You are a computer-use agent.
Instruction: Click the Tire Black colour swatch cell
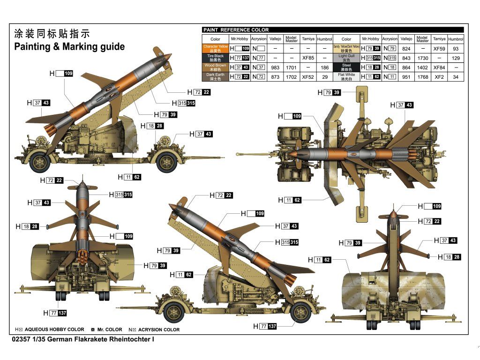tap(215, 58)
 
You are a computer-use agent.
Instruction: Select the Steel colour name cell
tap(346, 67)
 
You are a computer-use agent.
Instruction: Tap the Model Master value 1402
tap(422, 67)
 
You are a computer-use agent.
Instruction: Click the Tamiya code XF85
tap(308, 58)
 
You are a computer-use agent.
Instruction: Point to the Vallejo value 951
tap(406, 77)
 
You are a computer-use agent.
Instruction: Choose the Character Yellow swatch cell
tap(215, 48)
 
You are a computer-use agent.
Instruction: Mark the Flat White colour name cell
tap(346, 76)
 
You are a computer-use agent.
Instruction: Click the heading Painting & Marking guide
tap(69, 46)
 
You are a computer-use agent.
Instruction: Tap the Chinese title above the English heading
tap(52, 34)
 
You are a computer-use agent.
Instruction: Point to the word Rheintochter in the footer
tap(128, 338)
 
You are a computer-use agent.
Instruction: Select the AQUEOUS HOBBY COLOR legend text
tap(54, 330)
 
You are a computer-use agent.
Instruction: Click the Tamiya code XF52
tap(308, 77)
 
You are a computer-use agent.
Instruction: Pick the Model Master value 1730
tap(422, 58)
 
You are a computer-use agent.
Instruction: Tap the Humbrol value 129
tap(456, 58)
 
